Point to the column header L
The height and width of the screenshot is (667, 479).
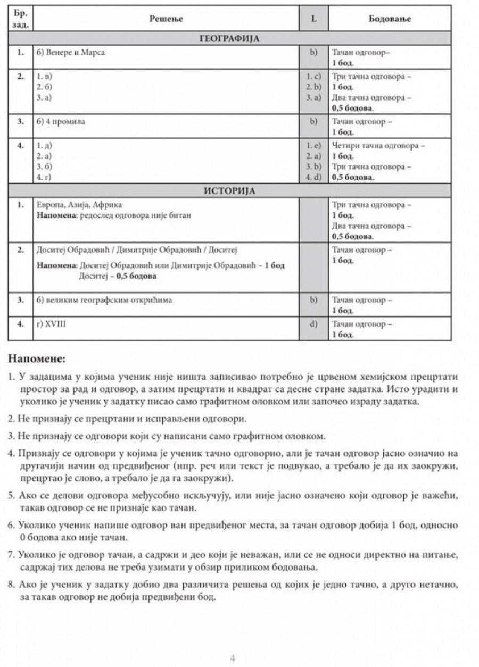313,19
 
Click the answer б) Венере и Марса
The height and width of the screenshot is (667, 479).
70,53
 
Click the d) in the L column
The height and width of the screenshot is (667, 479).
313,323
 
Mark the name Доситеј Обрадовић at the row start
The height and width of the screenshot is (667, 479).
68,249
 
